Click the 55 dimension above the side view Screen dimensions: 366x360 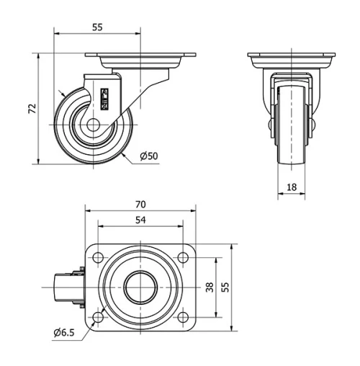coord(97,27)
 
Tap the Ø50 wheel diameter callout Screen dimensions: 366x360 coord(148,156)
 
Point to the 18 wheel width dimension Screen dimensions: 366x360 coord(292,187)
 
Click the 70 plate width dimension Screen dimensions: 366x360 coord(141,205)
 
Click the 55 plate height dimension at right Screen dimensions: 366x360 coord(225,287)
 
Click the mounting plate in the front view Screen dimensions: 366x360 coord(292,56)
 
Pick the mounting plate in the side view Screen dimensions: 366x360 coord(141,56)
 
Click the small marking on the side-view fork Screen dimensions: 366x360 coord(105,99)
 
